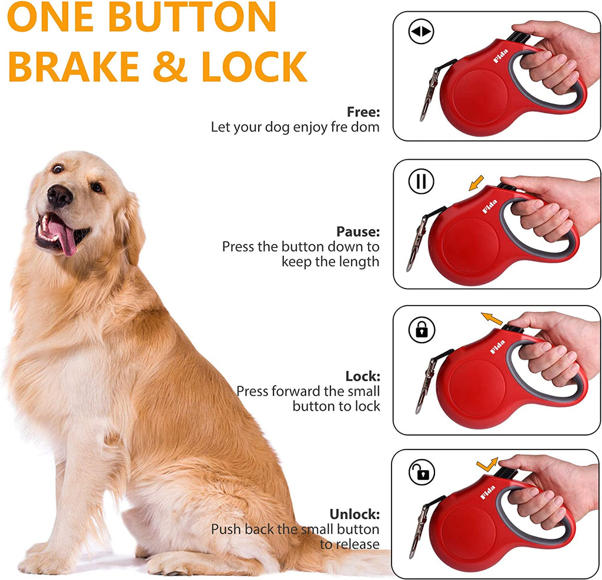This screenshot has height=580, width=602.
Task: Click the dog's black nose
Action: [59, 196]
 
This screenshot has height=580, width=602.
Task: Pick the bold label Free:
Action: [363, 112]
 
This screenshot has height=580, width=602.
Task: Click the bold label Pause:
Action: [358, 232]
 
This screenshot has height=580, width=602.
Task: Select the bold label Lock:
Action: [363, 376]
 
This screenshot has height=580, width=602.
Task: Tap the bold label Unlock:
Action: [354, 515]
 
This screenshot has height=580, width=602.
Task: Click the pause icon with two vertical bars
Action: [421, 182]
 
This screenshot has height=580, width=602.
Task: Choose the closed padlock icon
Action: [422, 330]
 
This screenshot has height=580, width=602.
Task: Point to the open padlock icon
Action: [422, 472]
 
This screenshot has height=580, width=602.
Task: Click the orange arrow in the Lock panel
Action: [492, 319]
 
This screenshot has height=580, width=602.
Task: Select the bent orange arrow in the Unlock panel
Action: [487, 464]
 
